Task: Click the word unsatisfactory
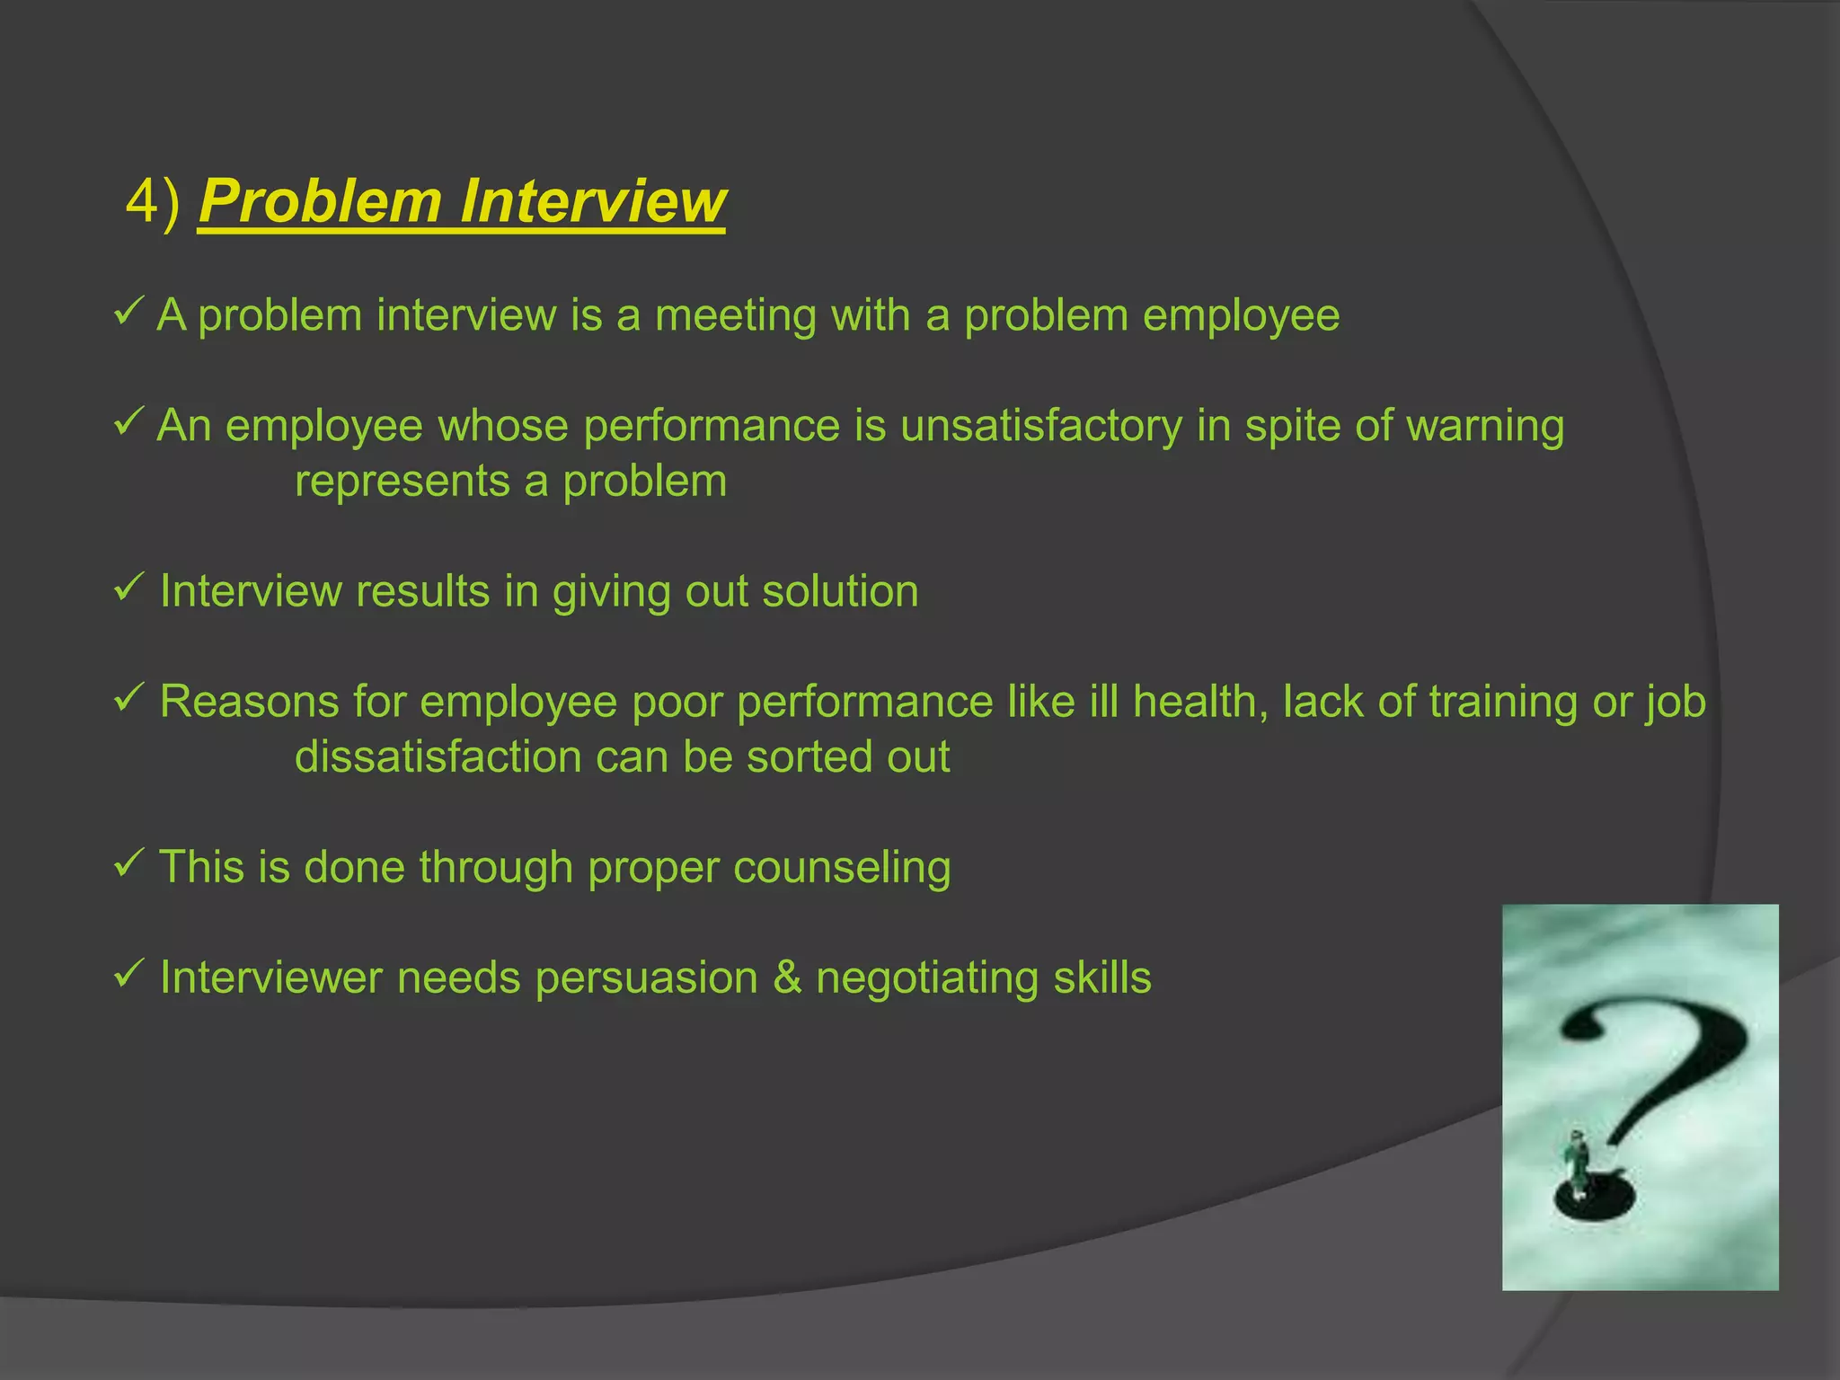1041,426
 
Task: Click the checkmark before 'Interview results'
128,589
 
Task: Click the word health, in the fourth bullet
1200,702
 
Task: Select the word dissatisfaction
438,756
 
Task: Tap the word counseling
842,869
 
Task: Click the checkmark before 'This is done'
128,865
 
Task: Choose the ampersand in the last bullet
787,977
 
